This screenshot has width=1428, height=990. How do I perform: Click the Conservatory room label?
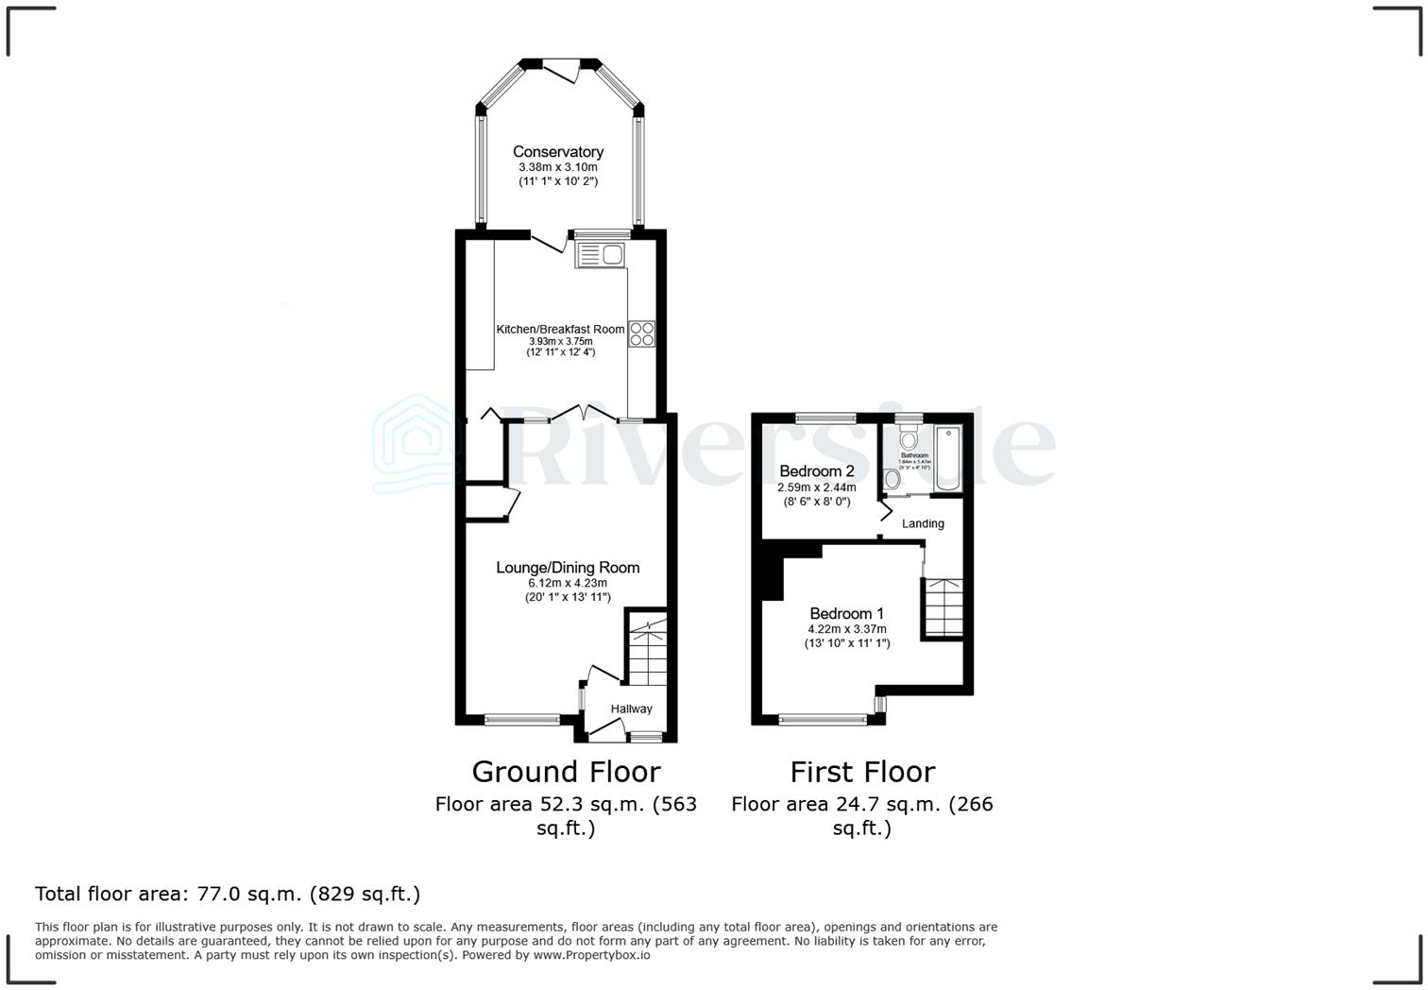[x=558, y=152]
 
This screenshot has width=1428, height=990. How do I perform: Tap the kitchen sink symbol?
[x=600, y=254]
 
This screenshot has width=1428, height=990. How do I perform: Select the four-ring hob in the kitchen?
[x=642, y=333]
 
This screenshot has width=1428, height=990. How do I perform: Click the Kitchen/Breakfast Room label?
[x=560, y=329]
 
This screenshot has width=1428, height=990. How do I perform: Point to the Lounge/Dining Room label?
[x=568, y=568]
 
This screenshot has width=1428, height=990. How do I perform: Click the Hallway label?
[x=631, y=709]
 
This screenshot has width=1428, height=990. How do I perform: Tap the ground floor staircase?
[x=648, y=652]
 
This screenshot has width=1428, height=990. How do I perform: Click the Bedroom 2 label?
[x=817, y=471]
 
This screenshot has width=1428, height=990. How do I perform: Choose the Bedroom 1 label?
[x=846, y=614]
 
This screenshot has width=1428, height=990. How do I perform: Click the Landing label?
[x=923, y=523]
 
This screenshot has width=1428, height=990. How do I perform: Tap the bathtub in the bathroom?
[x=948, y=459]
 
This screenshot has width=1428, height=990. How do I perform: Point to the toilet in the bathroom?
[x=909, y=438]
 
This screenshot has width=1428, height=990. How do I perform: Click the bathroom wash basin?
[x=892, y=479]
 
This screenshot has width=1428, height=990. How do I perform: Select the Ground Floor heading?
[x=566, y=772]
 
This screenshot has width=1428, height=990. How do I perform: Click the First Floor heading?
[x=862, y=772]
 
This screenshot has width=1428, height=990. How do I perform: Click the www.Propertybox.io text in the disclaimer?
[x=591, y=955]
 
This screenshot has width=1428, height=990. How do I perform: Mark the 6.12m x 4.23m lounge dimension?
[x=568, y=584]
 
